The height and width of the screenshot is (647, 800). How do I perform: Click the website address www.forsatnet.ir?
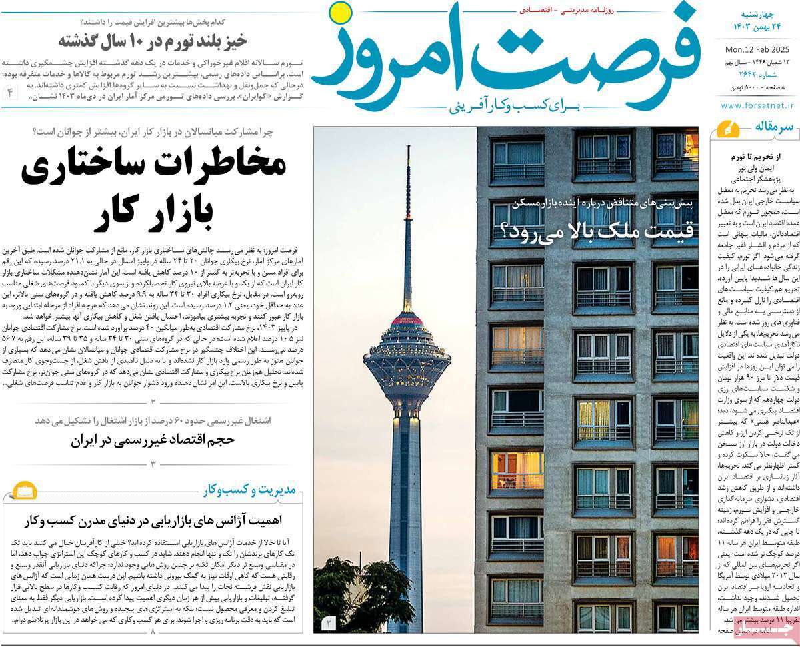point(756,105)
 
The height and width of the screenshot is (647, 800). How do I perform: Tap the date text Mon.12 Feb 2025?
point(756,49)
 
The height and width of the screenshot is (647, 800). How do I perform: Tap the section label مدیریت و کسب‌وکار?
point(256,492)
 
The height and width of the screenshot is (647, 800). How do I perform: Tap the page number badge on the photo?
point(328,624)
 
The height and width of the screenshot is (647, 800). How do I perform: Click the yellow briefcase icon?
point(22,492)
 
